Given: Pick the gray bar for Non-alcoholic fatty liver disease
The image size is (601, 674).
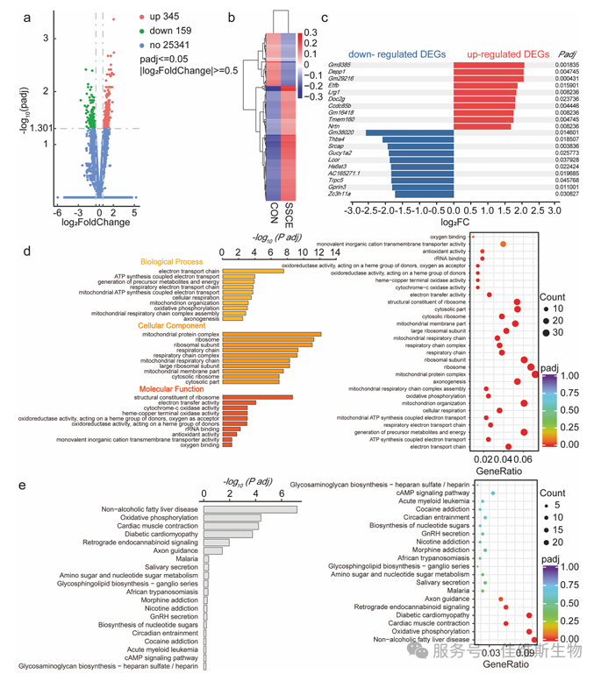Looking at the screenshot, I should [x=250, y=509].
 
